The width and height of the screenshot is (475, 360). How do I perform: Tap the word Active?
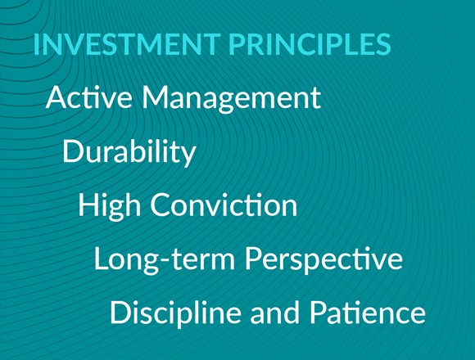[x=88, y=98]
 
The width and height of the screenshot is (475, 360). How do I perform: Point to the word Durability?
[x=129, y=152]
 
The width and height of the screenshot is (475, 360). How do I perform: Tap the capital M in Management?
[x=155, y=98]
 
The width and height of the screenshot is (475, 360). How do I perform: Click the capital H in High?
[x=88, y=205]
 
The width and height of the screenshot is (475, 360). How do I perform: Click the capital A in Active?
[x=56, y=98]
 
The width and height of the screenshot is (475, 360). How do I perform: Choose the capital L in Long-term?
[x=101, y=259]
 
